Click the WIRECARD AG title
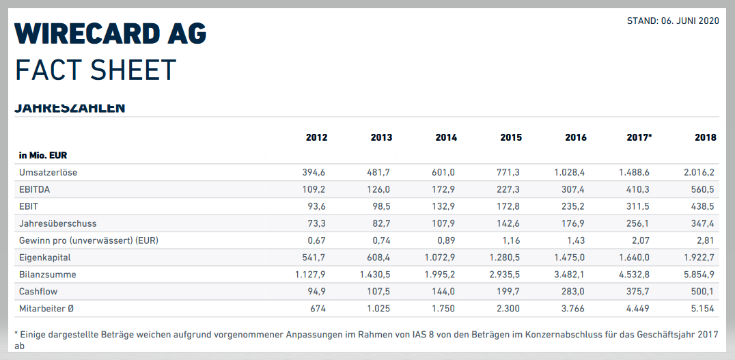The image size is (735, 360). click(x=110, y=33)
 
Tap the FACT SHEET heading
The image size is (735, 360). click(x=96, y=70)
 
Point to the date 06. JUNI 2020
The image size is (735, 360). click(x=690, y=21)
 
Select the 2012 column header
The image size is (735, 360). click(x=316, y=137)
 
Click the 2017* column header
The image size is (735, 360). click(x=639, y=137)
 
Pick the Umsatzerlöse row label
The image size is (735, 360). click(x=48, y=172)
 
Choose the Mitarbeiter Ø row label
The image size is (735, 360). click(x=46, y=308)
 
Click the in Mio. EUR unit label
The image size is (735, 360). click(x=42, y=155)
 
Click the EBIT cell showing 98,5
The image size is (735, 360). click(x=381, y=206)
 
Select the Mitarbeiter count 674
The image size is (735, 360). click(x=318, y=308)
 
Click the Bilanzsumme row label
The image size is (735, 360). click(x=47, y=275)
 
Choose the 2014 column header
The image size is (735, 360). click(x=446, y=137)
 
